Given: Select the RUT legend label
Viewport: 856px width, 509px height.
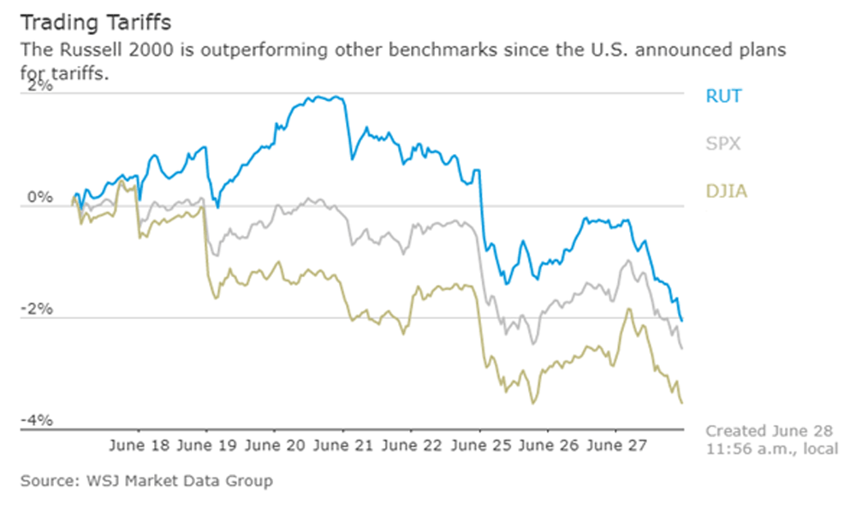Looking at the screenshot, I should click(x=723, y=96).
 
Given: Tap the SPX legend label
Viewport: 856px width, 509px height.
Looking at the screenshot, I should click(x=722, y=144).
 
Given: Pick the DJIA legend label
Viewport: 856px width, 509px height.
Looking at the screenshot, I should click(x=725, y=191).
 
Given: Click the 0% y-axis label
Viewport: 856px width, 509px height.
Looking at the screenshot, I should click(x=39, y=198).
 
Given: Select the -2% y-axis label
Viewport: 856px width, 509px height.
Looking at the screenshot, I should click(x=38, y=309).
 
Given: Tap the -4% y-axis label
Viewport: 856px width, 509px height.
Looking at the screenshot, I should click(x=38, y=421).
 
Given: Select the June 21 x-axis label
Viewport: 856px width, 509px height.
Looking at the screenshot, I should click(x=343, y=446).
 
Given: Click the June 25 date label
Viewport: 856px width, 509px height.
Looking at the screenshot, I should click(x=479, y=446).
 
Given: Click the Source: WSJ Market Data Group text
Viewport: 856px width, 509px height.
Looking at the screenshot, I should click(x=146, y=482).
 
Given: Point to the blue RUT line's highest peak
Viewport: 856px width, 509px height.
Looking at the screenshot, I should click(x=330, y=97).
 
